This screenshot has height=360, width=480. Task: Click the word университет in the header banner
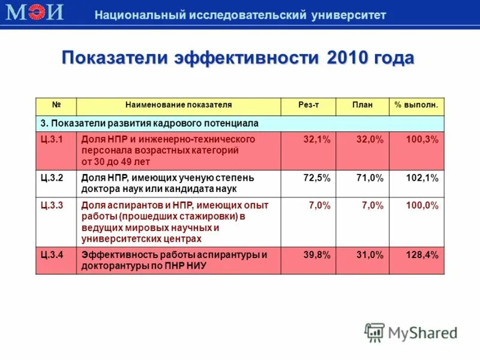[349, 15]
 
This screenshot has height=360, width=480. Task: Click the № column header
[56, 105]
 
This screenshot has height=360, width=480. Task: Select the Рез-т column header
[308, 105]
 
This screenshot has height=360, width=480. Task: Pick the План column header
[362, 105]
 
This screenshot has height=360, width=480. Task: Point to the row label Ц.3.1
[52, 139]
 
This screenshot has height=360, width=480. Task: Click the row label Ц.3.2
[52, 178]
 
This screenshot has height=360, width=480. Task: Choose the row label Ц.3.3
[52, 205]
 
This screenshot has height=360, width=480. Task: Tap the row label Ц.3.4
[52, 254]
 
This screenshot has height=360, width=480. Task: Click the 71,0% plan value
[370, 178]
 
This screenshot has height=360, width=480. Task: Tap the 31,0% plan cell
[370, 254]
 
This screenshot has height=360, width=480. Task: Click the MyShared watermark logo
[411, 332]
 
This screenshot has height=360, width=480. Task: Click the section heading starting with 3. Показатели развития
[149, 123]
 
